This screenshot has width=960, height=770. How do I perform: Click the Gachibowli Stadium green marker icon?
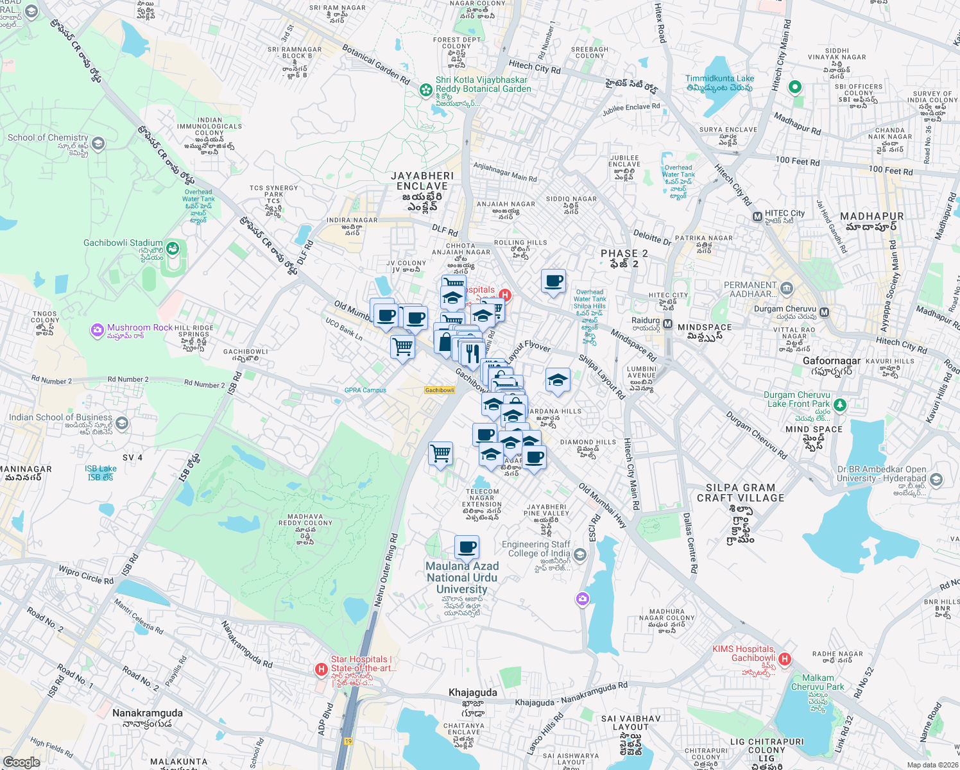(x=173, y=248)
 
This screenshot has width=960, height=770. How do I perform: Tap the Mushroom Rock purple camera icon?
(x=98, y=330)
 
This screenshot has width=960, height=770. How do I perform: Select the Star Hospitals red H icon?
(x=321, y=669)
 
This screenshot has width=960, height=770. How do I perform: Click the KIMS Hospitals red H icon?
(x=784, y=659)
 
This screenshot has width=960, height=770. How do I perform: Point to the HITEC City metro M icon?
(x=757, y=217)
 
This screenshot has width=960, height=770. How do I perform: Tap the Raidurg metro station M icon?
(x=667, y=324)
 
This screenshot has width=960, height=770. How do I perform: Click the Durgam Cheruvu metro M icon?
(x=824, y=312)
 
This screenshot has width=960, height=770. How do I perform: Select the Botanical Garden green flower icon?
(x=425, y=90)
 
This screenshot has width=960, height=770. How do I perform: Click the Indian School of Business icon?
(x=122, y=423)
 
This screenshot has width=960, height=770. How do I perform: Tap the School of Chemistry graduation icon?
(x=98, y=143)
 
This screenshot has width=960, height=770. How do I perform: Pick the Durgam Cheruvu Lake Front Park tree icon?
(x=839, y=404)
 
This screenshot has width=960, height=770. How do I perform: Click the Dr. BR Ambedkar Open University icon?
(x=936, y=479)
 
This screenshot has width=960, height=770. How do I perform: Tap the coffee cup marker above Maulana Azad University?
(x=467, y=547)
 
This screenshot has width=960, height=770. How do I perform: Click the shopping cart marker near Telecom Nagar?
(x=441, y=453)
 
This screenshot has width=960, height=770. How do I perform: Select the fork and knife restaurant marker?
(x=472, y=352)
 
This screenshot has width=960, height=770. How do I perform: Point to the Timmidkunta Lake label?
(x=719, y=79)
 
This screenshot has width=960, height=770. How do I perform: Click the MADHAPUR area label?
(x=871, y=217)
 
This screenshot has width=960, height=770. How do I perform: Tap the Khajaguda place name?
(x=473, y=692)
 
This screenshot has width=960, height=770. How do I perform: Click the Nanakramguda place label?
(x=148, y=713)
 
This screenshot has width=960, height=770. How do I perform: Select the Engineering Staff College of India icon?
(x=580, y=554)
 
